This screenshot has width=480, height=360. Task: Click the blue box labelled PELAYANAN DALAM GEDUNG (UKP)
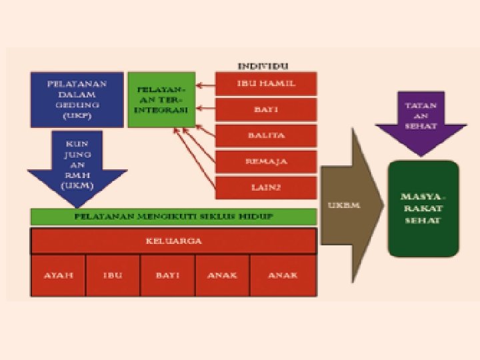77,99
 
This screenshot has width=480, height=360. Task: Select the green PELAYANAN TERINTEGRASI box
161,99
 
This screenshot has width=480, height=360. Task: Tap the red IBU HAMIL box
266,83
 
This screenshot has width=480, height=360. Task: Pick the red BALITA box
266,135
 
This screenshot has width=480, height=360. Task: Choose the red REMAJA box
266,161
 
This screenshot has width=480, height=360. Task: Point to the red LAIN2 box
266,187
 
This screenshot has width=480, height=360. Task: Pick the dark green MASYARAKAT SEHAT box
424,209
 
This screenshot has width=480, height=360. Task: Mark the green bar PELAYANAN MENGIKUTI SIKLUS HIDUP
173,217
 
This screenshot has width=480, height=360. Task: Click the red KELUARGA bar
173,241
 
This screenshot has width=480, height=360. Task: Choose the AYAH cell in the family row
59,275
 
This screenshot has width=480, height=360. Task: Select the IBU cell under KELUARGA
113,275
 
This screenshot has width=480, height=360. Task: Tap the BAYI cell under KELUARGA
167,275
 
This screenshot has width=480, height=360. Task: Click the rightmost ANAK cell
283,275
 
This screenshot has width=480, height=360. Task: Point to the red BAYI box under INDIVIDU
266,109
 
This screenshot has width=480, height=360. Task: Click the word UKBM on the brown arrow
343,205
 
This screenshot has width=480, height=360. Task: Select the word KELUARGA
173,241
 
